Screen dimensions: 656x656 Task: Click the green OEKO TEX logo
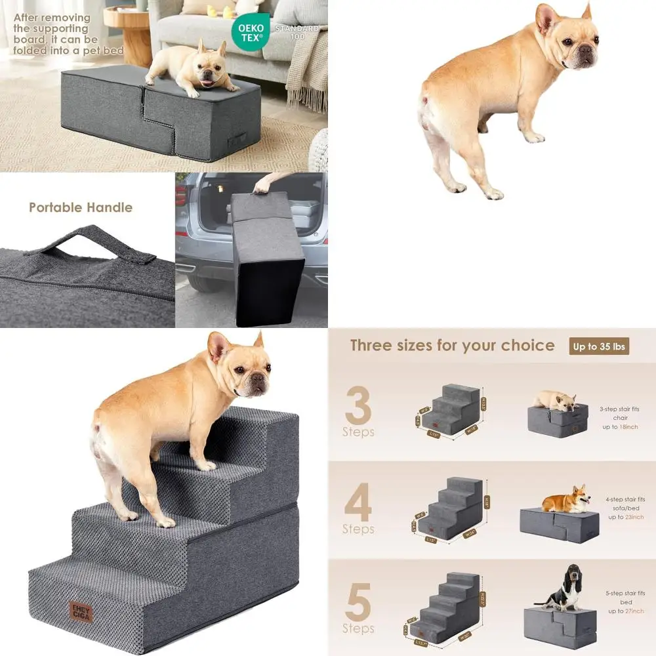[250, 32]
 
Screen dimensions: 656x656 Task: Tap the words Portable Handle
[81, 207]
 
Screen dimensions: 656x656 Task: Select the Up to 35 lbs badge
[599, 346]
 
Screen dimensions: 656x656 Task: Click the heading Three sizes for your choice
[452, 346]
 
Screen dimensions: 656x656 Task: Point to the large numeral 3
[358, 406]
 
